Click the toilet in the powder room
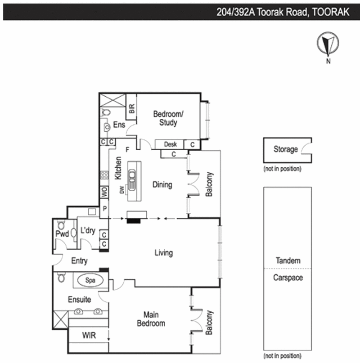tap(61, 225)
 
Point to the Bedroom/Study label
tap(165, 118)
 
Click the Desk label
tap(170, 144)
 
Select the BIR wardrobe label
tap(131, 108)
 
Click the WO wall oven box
tap(104, 192)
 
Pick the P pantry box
tap(104, 209)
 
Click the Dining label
tap(162, 184)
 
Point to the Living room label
tap(163, 253)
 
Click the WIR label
tap(88, 335)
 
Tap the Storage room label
tap(285, 149)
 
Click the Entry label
tap(79, 261)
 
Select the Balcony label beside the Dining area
tap(209, 184)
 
